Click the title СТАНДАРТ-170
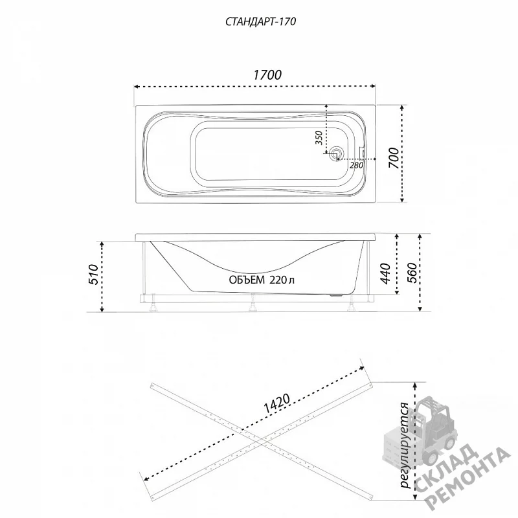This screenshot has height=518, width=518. pos(261,21)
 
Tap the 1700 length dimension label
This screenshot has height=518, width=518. pos(267,75)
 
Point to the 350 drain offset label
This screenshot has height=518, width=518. pos(319,138)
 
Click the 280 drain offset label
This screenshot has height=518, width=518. pos(357,165)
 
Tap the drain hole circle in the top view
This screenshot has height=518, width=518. pos(337,153)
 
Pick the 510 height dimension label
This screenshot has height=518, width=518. pos(94,274)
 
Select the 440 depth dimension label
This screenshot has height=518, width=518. pos(385,274)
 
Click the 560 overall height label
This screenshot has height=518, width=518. pos(411,273)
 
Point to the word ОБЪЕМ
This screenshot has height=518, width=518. pos(247,280)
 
